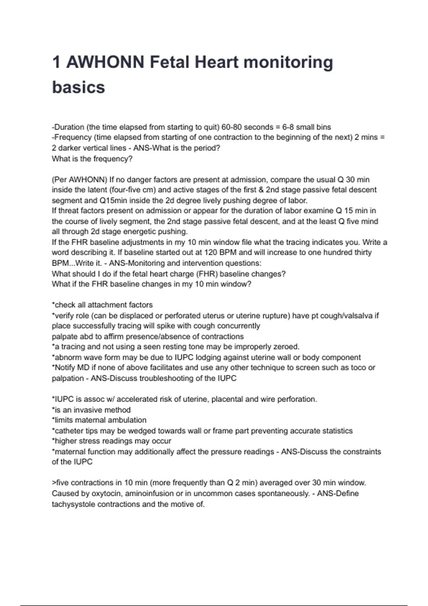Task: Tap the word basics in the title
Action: (78, 87)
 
